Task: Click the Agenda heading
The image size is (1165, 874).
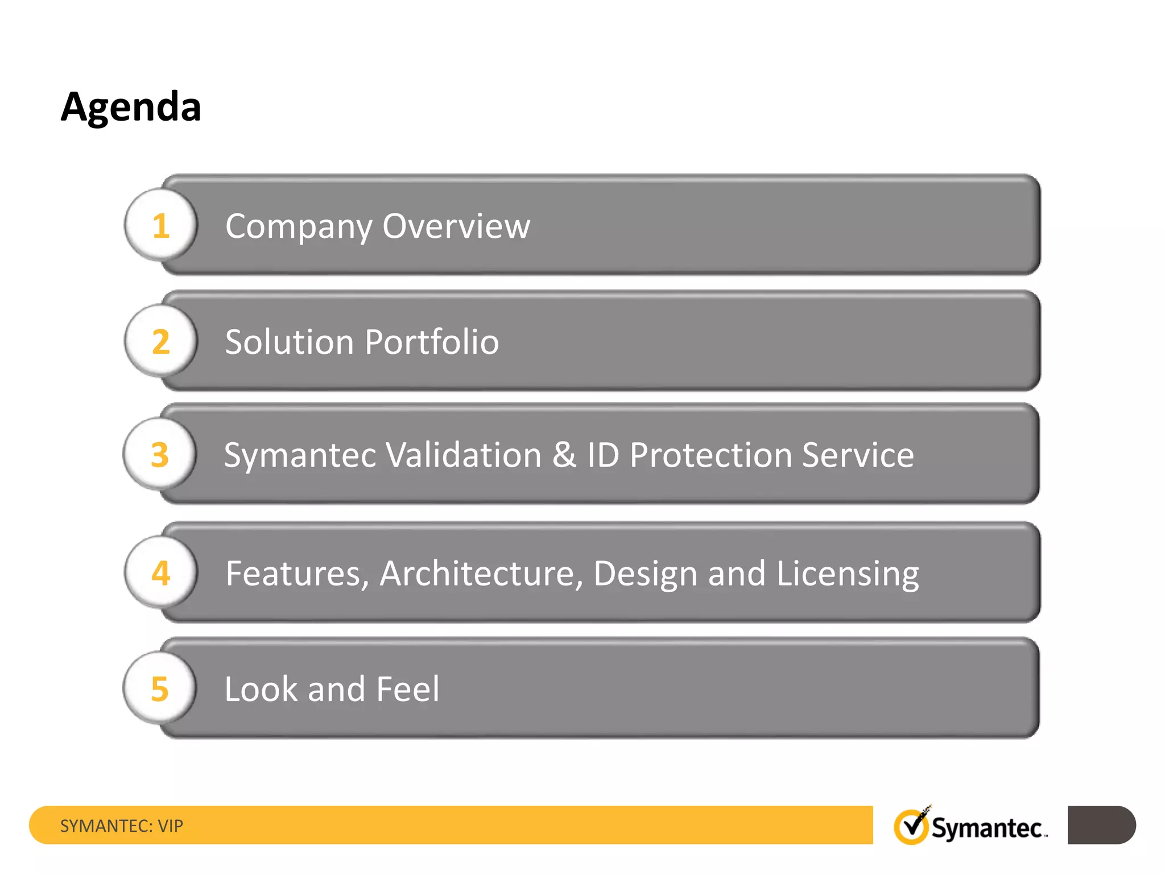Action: pyautogui.click(x=131, y=107)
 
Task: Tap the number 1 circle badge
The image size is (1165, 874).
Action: pyautogui.click(x=161, y=225)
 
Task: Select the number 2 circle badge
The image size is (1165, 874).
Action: pyautogui.click(x=161, y=341)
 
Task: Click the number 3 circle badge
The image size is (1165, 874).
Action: pyautogui.click(x=160, y=455)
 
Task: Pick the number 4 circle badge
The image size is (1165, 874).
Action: pyautogui.click(x=161, y=572)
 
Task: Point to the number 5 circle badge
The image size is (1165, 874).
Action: pyautogui.click(x=160, y=689)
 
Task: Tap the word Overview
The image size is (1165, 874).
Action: pyautogui.click(x=456, y=226)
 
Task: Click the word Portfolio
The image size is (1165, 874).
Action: pyautogui.click(x=432, y=342)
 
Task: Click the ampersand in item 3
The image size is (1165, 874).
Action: pyautogui.click(x=564, y=455)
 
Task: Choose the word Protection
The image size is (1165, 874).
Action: pyautogui.click(x=710, y=455)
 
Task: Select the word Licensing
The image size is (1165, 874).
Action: pyautogui.click(x=848, y=574)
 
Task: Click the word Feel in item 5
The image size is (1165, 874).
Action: pyautogui.click(x=408, y=689)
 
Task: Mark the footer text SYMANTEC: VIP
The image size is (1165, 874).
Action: pyautogui.click(x=122, y=826)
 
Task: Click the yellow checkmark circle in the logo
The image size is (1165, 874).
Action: pyautogui.click(x=911, y=827)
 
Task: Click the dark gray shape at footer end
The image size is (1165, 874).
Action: pyautogui.click(x=1101, y=825)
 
